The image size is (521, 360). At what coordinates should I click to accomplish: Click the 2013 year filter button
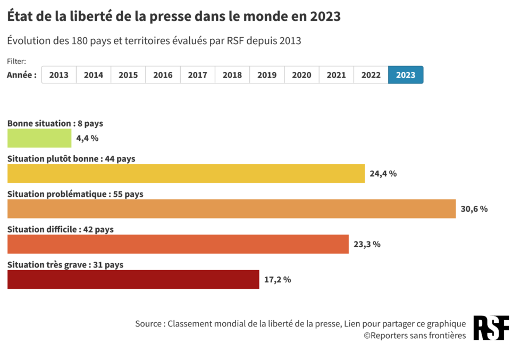pos(58,75)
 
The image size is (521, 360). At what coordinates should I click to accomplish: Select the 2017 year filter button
pos(197,75)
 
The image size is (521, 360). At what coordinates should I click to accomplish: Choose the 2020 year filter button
pos(301,75)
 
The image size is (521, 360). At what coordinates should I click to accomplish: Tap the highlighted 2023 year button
pos(406,75)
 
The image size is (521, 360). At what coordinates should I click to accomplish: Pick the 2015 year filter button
pos(128,75)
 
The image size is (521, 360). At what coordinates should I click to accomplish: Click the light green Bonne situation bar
pos(39,138)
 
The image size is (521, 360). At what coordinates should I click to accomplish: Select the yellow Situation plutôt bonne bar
pos(186,173)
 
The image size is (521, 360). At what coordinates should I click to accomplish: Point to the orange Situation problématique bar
pos(231,209)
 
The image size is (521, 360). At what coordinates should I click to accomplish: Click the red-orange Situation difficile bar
pos(178,244)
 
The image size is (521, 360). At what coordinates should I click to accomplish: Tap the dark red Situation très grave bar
pos(133,280)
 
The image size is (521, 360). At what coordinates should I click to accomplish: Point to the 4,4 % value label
pos(87,138)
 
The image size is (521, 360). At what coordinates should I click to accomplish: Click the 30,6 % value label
pos(474,209)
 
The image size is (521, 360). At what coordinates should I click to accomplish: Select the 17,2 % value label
pos(277,280)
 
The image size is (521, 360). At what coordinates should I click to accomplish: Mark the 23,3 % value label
pos(367,244)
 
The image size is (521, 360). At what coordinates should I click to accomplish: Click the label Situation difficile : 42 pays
pos(60,229)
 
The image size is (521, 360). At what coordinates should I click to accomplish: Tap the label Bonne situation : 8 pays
pos(55,123)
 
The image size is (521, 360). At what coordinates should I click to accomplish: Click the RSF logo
pos(491,328)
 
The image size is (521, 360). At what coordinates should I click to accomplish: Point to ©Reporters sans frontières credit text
pos(415,336)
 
